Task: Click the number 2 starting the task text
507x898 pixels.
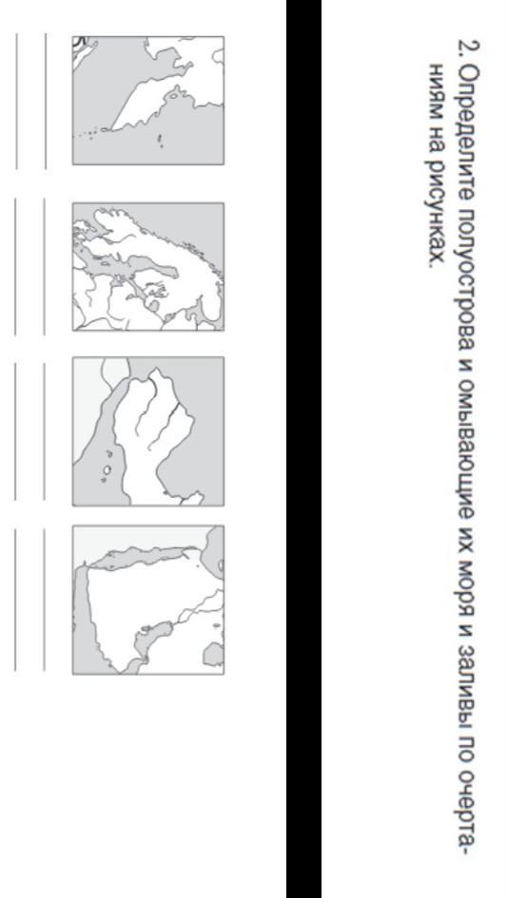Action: point(468,48)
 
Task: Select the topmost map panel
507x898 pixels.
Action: point(148,100)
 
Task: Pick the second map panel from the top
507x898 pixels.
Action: point(148,266)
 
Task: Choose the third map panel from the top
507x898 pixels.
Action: point(148,431)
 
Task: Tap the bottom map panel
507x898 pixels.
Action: point(148,600)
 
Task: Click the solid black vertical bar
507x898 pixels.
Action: point(304,449)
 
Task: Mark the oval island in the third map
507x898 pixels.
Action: point(107,470)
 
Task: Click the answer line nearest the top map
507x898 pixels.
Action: point(46,101)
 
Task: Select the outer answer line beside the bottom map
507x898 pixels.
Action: point(15,600)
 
